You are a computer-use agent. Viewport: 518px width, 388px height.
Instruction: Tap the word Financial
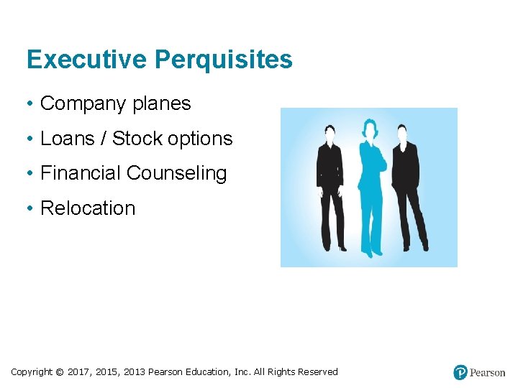[81, 173]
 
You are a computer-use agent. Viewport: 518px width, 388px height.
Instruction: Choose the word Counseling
[177, 174]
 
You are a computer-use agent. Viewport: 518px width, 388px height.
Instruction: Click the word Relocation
[88, 208]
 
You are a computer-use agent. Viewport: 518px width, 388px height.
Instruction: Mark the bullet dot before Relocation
[31, 208]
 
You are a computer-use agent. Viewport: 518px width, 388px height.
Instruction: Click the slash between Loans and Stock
[103, 139]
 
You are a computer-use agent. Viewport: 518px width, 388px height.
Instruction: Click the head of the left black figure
[332, 134]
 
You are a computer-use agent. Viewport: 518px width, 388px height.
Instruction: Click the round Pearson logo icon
[460, 372]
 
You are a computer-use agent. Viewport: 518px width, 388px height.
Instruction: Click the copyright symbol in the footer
[60, 372]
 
